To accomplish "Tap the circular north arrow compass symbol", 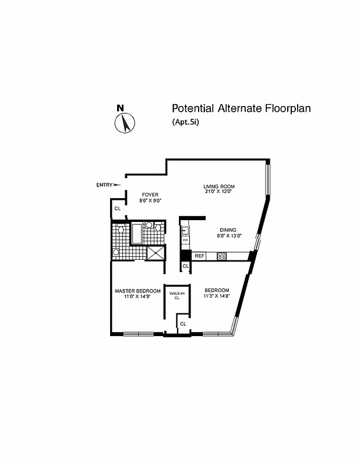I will click(125, 123).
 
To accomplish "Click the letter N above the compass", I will click(120, 108).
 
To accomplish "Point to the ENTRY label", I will click(104, 185).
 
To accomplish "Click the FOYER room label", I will click(150, 195).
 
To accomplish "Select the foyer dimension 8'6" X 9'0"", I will click(150, 200).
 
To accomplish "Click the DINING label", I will click(229, 230).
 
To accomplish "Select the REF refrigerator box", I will click(199, 256).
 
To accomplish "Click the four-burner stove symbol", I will click(221, 256).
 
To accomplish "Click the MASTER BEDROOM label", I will click(137, 291).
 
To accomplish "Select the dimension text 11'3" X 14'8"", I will click(216, 296).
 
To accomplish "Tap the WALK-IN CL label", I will click(177, 295).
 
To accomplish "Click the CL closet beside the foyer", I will click(117, 208).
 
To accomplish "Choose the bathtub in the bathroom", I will click(137, 234).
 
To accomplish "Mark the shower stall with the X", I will click(156, 253).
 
